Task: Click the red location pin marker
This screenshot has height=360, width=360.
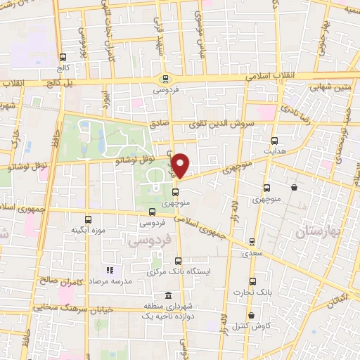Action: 181,165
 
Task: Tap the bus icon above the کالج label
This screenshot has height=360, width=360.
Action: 63,58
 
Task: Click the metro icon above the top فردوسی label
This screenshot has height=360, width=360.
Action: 165,79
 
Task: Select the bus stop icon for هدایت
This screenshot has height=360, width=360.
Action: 274,140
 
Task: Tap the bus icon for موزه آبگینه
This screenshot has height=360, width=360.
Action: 88,219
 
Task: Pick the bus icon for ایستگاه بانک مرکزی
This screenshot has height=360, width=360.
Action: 177,259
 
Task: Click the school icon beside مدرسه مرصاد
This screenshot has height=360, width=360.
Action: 110,270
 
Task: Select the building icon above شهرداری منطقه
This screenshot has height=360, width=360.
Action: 168,295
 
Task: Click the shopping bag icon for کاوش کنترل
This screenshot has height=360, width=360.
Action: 252,316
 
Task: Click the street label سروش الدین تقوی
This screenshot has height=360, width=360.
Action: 228,122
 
